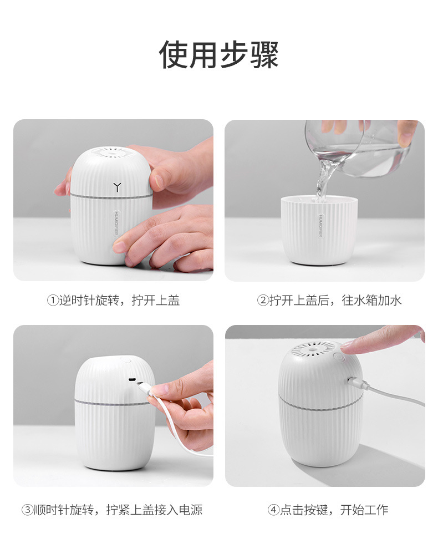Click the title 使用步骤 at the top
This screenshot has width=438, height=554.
point(219,55)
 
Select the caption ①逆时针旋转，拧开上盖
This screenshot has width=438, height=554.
point(113,301)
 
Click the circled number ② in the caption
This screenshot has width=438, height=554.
point(262,301)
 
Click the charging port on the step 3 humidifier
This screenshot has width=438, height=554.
point(133,380)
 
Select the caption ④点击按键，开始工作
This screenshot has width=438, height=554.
point(328,510)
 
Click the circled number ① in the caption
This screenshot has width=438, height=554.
point(52,301)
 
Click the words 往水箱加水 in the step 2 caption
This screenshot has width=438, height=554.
point(371,301)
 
